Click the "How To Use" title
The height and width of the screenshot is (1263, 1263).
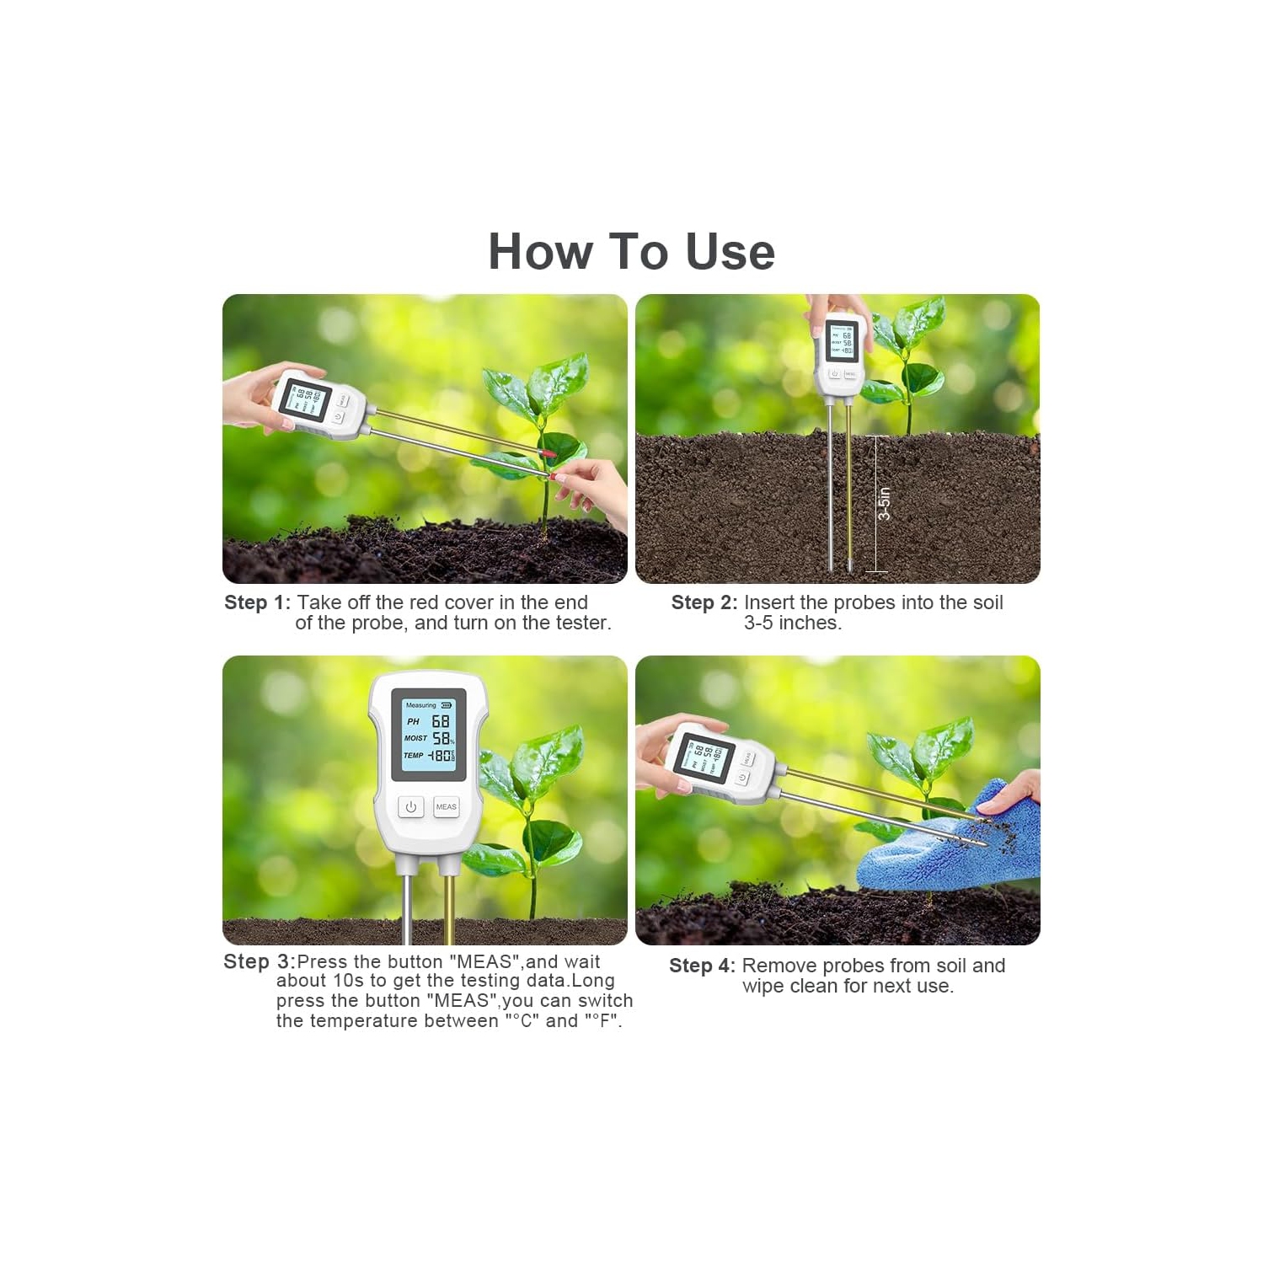631,252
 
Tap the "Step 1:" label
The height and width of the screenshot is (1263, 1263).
257,602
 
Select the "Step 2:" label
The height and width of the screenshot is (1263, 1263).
704,602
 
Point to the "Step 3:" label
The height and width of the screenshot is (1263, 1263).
259,961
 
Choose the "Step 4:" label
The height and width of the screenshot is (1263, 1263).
702,966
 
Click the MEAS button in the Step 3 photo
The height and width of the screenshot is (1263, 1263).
446,806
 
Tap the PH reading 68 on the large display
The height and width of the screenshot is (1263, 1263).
441,721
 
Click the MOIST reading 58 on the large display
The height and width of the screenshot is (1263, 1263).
441,738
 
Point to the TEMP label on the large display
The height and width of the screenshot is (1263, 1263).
413,755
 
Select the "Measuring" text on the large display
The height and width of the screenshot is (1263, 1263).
420,705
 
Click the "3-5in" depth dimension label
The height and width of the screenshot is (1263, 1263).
884,504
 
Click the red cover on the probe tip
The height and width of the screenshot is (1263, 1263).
549,454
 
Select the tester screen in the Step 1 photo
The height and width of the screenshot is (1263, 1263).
305,399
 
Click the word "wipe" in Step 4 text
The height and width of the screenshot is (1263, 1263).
762,986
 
